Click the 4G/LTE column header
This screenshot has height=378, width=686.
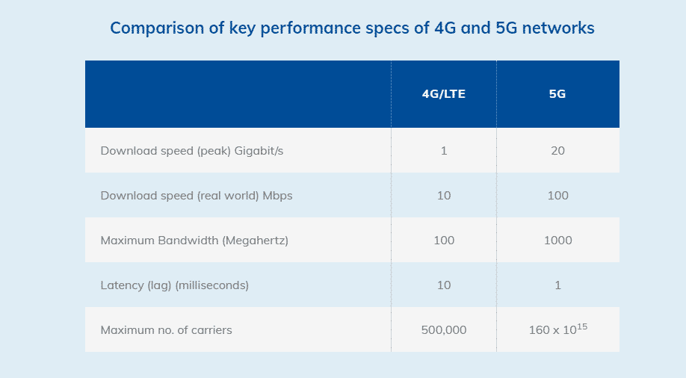click(444, 95)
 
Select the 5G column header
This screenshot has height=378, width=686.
click(557, 95)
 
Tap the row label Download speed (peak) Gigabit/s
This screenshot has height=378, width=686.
click(192, 151)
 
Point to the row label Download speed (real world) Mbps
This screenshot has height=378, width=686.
click(197, 196)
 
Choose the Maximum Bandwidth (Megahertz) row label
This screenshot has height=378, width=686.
click(194, 241)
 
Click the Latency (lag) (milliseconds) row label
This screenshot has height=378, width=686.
click(174, 285)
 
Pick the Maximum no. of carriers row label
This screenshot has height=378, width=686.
click(166, 330)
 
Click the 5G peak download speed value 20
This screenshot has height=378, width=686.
click(557, 151)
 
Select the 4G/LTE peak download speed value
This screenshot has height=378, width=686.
click(444, 151)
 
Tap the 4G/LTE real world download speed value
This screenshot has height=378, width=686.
click(444, 196)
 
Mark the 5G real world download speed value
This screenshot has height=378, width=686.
click(557, 196)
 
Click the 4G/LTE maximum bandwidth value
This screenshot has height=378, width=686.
click(444, 241)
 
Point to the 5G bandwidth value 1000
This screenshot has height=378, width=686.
click(558, 241)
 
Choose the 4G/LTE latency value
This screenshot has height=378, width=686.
click(444, 285)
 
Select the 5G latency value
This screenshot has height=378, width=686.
click(558, 285)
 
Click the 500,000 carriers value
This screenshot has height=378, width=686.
click(444, 330)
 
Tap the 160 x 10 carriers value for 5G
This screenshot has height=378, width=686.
click(552, 330)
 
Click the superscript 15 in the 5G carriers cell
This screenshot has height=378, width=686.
click(581, 326)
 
